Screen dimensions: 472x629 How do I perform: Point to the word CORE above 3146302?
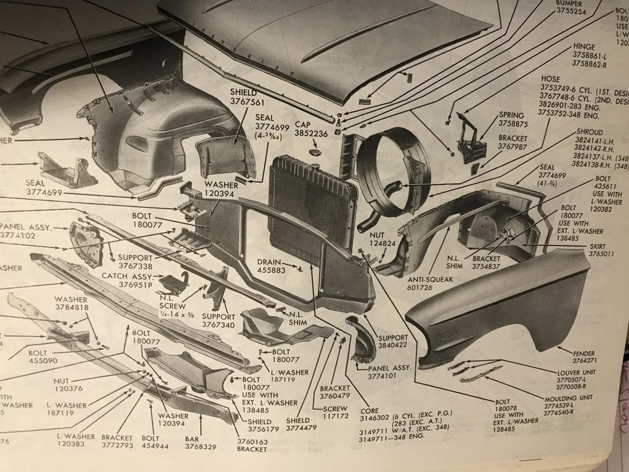coord(369,410)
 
